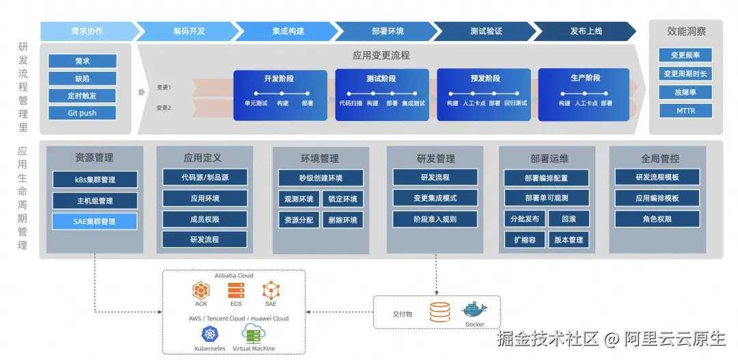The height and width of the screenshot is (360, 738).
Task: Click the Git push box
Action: coord(83,113)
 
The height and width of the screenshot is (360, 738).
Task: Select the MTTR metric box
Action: coord(685,111)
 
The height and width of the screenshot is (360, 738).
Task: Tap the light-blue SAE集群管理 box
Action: coord(94,221)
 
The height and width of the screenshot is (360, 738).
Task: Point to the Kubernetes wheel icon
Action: coord(210,334)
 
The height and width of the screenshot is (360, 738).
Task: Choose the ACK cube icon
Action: coord(201,290)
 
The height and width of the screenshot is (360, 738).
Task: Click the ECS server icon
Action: coord(236,290)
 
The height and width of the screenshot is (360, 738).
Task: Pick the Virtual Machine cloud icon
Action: coord(254,333)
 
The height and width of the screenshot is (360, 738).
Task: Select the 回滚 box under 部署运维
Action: coord(569,219)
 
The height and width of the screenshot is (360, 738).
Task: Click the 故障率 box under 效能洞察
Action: coord(685,92)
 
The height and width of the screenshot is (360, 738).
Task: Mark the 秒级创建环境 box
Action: coord(320,178)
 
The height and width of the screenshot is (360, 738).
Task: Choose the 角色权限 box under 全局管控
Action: coord(657,219)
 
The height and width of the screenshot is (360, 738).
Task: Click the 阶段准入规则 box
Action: coord(435,219)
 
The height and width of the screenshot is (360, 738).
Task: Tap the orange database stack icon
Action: coord(439,312)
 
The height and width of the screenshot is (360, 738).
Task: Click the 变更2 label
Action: coord(164,108)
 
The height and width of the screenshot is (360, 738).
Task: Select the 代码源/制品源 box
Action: coord(205,178)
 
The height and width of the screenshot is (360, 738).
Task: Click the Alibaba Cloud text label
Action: coord(234,275)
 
